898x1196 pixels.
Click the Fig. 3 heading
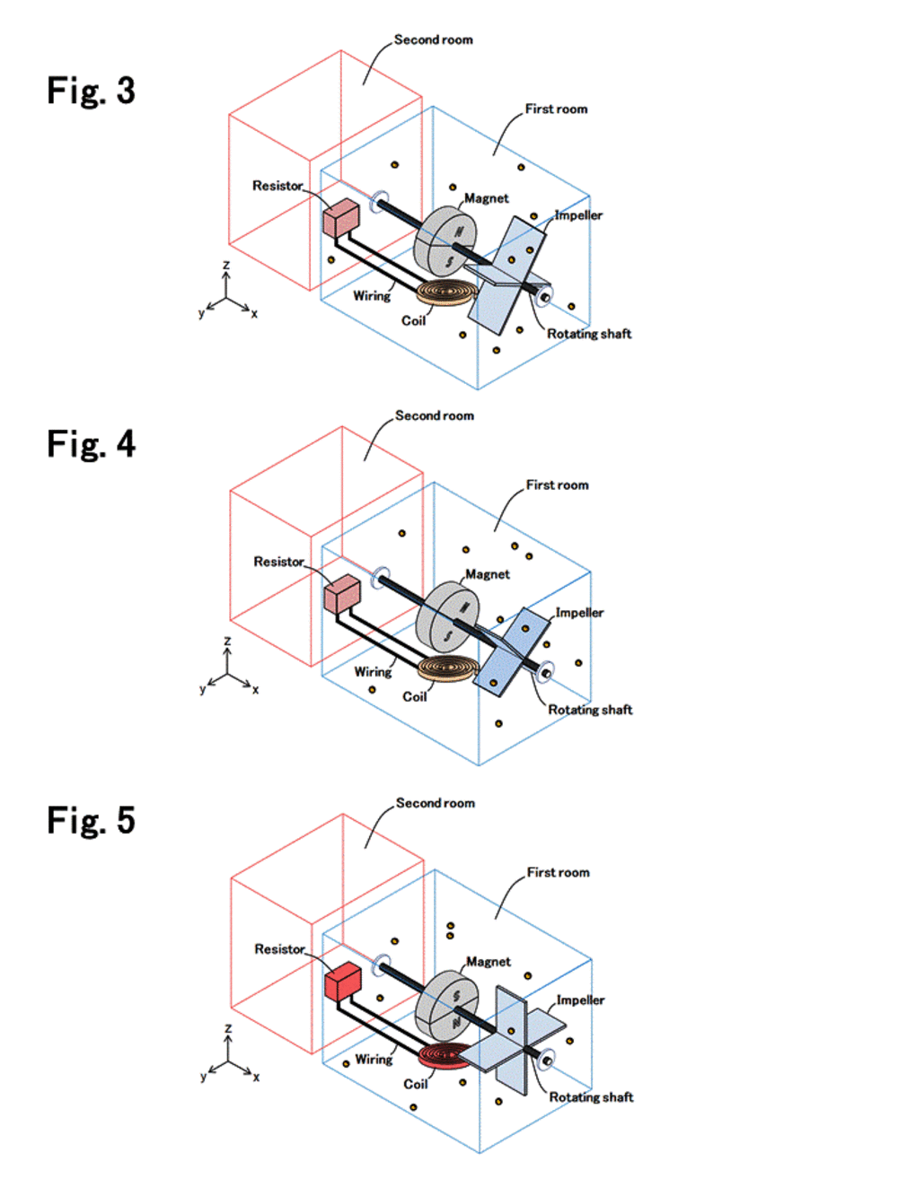(91, 91)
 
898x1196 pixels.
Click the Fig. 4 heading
(91, 444)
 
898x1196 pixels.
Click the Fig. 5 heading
(91, 820)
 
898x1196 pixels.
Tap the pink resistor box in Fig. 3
(341, 219)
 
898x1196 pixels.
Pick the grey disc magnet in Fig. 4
(447, 615)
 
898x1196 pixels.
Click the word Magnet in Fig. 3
(486, 198)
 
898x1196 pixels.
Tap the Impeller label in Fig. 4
(579, 613)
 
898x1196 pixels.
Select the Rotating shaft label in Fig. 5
(591, 1097)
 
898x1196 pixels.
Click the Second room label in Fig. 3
(433, 39)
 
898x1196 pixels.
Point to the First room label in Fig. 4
(557, 485)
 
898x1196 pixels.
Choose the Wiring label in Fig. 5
(374, 1060)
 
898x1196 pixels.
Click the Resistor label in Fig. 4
(278, 562)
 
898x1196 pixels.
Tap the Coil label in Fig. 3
(413, 321)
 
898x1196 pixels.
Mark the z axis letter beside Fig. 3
(226, 266)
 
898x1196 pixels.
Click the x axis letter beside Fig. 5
(256, 1077)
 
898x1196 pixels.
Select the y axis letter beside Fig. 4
(202, 690)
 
